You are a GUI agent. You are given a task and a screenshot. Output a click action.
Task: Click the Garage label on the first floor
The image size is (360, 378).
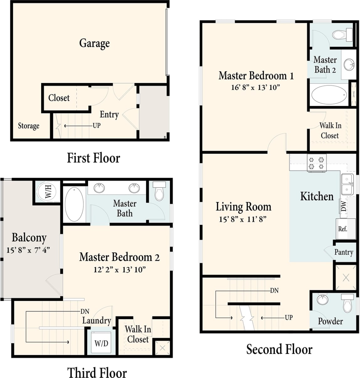(x=94, y=43)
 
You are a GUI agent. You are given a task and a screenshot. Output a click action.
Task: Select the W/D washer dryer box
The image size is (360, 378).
(x=101, y=343)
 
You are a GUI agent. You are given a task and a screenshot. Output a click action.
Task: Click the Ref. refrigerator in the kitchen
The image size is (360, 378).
(x=342, y=229)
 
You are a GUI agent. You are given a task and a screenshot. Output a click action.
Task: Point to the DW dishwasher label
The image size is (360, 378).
(x=344, y=206)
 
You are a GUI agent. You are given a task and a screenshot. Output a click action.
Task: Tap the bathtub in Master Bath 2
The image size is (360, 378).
(x=329, y=95)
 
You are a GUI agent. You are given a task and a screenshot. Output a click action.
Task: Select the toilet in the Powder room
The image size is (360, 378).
(x=347, y=303)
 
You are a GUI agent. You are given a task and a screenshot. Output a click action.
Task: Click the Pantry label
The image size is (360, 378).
(x=344, y=252)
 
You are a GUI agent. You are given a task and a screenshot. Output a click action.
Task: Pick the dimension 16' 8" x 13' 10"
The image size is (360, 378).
(x=255, y=87)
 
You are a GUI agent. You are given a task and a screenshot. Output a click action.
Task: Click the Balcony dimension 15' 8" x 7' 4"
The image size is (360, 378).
(x=28, y=250)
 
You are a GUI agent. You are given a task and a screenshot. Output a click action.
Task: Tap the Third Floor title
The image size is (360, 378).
(x=97, y=373)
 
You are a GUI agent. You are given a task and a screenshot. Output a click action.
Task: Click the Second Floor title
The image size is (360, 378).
(x=279, y=349)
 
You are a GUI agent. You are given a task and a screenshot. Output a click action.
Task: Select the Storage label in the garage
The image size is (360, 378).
(x=29, y=126)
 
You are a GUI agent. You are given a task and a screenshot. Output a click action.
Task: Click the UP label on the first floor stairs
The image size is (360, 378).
(x=96, y=125)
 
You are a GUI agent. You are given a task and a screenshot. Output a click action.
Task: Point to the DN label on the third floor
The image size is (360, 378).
(x=85, y=311)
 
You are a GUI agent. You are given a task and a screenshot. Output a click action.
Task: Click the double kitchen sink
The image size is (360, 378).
(x=347, y=184)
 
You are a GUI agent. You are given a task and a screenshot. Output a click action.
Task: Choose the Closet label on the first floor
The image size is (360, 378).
(x=59, y=98)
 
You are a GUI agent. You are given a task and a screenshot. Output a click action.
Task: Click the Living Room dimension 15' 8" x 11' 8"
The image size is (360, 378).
(x=243, y=219)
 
